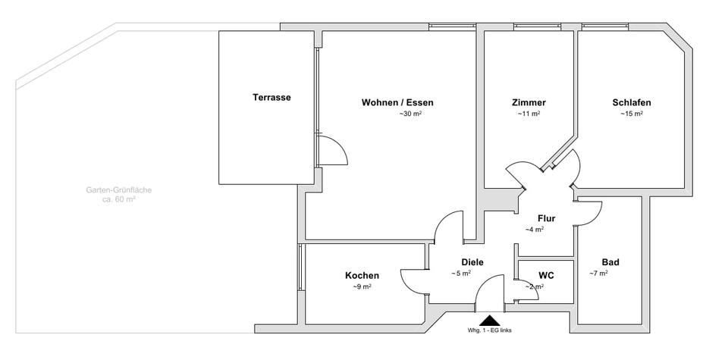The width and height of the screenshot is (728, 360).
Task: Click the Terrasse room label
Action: (271, 98)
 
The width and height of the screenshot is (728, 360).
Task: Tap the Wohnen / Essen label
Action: (397, 103)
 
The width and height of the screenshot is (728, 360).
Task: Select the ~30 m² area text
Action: (410, 114)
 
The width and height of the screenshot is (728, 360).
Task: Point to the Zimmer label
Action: (529, 103)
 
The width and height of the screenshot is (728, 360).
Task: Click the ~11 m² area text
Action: (529, 114)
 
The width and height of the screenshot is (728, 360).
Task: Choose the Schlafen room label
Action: (632, 103)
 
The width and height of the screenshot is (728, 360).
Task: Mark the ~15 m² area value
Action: (632, 114)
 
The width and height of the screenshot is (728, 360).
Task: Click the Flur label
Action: (546, 218)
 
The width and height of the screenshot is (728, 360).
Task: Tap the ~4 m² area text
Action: (535, 230)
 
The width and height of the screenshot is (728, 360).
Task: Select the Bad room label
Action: (610, 262)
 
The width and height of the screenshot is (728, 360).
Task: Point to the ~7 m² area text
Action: (598, 274)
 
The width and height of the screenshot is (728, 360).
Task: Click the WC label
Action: (546, 275)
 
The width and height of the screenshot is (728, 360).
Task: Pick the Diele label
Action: (472, 262)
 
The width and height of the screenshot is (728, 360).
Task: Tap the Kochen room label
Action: (362, 276)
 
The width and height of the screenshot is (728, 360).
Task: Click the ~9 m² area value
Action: (362, 287)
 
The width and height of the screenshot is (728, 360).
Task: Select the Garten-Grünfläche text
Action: (118, 190)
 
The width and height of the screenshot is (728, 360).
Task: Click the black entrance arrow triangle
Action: (489, 321)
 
